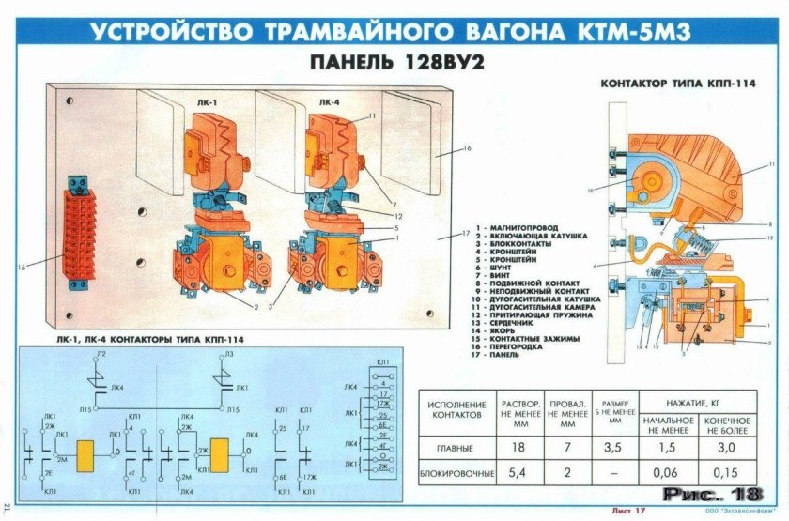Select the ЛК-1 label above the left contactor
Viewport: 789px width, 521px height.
(209, 102)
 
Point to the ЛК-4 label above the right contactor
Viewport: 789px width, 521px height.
(329, 102)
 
